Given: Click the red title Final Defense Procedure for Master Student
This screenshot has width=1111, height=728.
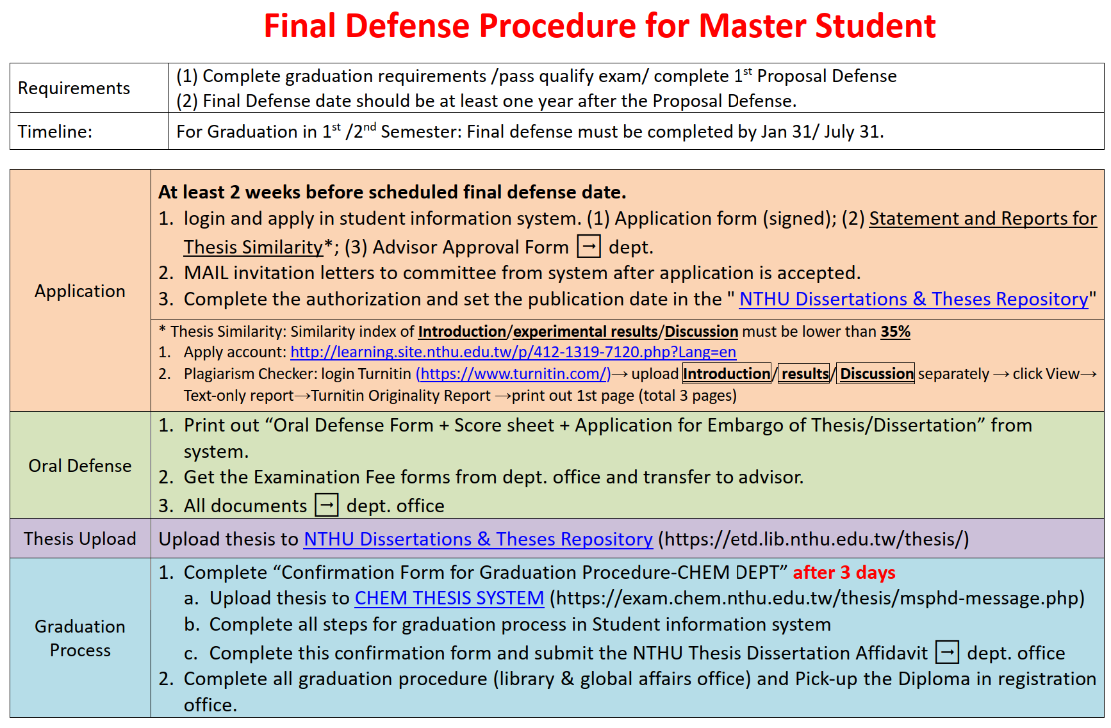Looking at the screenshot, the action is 600,26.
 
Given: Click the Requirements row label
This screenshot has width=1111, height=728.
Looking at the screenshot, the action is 74,88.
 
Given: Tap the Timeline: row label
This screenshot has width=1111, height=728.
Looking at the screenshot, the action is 55,132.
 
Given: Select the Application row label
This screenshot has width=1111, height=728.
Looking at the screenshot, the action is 80,291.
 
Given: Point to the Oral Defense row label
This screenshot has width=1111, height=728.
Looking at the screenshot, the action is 80,465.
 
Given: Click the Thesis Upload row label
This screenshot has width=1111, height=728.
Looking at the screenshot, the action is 80,539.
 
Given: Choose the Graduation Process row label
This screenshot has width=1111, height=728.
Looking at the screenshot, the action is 80,638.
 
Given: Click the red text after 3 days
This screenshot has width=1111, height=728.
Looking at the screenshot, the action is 844,572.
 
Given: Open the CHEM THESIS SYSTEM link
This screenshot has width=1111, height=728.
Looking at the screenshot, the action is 449,598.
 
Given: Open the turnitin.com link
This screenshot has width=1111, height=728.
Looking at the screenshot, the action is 513,374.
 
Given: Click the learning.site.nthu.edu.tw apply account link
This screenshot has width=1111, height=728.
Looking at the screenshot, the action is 513,352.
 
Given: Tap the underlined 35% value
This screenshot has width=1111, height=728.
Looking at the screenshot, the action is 895,332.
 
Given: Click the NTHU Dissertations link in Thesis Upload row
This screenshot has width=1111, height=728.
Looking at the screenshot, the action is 478,539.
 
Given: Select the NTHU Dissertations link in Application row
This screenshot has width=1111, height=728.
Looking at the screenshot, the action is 914,299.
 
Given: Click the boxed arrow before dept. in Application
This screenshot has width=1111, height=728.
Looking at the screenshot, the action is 589,247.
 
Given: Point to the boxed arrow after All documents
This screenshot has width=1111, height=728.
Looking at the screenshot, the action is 327,505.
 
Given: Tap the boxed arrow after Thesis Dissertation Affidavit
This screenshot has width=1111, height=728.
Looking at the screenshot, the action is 947,652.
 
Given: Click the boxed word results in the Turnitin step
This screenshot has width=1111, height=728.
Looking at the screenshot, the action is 805,374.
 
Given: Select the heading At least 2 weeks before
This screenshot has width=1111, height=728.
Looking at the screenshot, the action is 392,192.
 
